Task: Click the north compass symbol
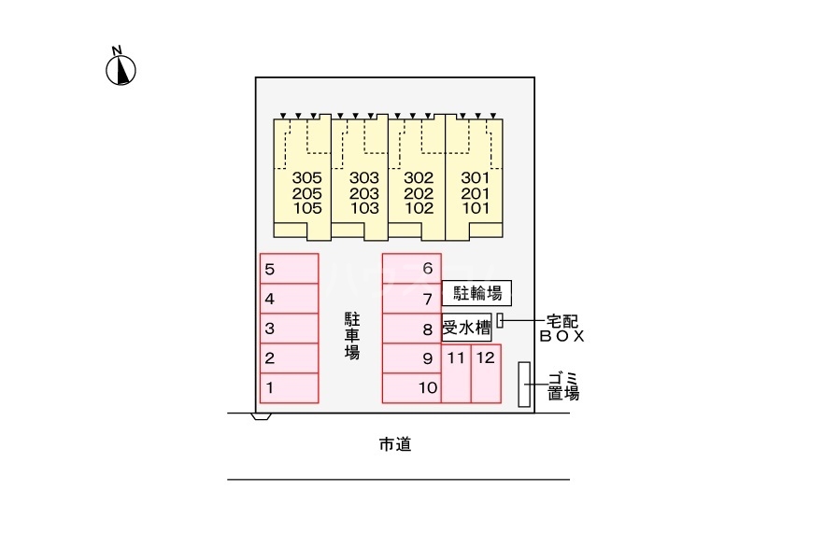(121, 68)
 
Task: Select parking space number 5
(289, 269)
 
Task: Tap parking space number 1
(289, 387)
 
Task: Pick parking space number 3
(289, 328)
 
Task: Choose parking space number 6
(411, 269)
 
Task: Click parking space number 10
(411, 387)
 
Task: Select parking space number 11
(456, 373)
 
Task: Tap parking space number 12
(485, 373)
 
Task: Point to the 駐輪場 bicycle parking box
(476, 293)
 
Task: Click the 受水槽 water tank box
(466, 328)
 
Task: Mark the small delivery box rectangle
(500, 320)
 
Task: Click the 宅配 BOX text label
(561, 329)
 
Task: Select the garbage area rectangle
(523, 384)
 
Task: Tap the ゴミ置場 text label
(563, 385)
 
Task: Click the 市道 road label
(395, 445)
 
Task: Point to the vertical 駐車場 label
(352, 336)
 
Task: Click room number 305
(306, 177)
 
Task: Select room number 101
(476, 208)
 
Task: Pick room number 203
(364, 193)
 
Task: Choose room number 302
(419, 177)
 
